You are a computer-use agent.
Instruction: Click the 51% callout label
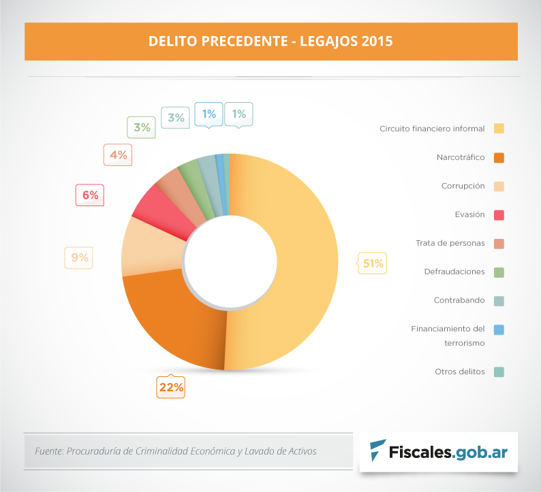tap(373, 263)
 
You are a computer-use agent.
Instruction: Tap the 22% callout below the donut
tap(171, 387)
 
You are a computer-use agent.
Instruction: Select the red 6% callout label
tap(90, 195)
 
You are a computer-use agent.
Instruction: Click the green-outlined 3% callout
tap(142, 127)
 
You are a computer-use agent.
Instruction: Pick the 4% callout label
tap(118, 154)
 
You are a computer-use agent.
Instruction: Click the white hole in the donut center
tap(230, 262)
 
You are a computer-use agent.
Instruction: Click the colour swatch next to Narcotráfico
tap(499, 157)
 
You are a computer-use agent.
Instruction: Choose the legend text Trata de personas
tap(450, 243)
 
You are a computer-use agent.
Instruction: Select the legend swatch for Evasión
tap(499, 214)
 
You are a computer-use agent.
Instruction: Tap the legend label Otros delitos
tap(459, 372)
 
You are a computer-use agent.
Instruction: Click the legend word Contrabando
tap(459, 300)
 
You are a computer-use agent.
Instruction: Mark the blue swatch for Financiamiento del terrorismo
tap(499, 329)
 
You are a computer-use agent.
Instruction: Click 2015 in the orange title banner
tap(377, 41)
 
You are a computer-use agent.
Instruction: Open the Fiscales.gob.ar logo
tap(439, 450)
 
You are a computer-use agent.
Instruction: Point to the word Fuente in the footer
tap(48, 451)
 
